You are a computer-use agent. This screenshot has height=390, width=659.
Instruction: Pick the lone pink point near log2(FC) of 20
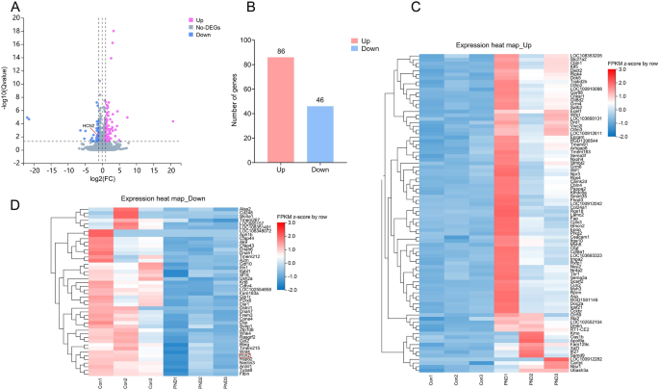[172, 121]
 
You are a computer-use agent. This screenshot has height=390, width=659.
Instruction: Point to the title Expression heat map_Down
[155, 199]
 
